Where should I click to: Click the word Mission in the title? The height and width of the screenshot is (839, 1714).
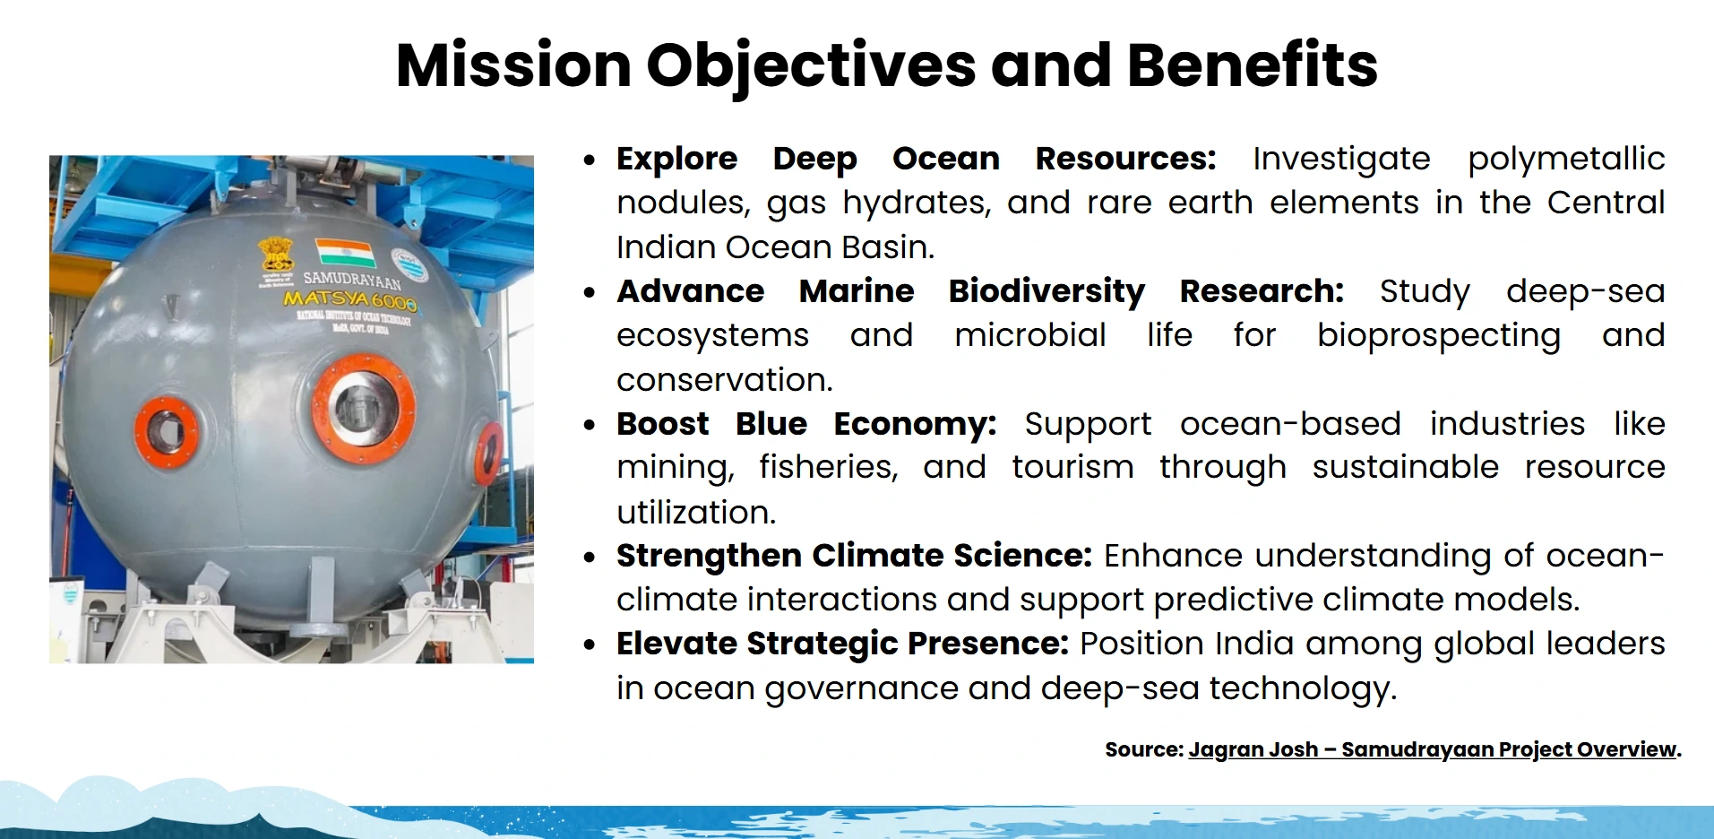click(513, 65)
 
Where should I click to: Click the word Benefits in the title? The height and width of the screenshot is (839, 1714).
click(1252, 65)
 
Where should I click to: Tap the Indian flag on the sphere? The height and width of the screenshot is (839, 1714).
click(346, 252)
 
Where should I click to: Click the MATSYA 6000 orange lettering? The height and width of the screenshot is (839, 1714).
click(349, 299)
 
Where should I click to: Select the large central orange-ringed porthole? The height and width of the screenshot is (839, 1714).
click(363, 408)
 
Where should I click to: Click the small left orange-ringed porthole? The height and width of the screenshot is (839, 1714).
click(166, 432)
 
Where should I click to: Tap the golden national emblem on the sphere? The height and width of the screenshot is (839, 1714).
click(276, 255)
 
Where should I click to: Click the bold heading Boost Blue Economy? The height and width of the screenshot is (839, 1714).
click(805, 423)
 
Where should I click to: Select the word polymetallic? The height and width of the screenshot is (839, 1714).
click(1565, 159)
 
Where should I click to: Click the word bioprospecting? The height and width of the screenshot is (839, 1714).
click(1438, 335)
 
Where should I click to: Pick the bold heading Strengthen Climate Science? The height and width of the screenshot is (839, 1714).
click(853, 556)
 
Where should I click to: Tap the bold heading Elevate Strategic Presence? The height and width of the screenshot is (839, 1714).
click(842, 644)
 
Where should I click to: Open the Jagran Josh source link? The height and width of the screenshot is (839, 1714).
click(1432, 749)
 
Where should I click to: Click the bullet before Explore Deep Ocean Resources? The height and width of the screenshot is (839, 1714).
click(589, 160)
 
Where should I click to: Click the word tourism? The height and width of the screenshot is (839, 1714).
click(1072, 467)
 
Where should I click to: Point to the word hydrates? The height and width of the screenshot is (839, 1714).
click(916, 203)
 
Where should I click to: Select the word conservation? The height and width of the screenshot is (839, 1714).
click(724, 380)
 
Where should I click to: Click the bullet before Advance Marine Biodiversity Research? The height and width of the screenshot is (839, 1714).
click(589, 293)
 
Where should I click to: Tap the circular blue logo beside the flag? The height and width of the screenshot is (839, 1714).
click(409, 265)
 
